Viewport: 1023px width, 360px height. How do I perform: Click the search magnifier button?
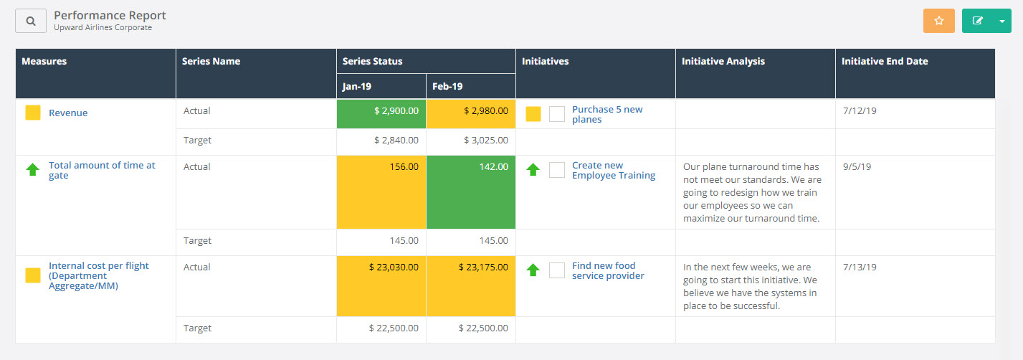(x=31, y=21)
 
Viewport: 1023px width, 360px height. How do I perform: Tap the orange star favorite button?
(x=938, y=21)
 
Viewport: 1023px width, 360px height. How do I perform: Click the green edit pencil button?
(x=977, y=21)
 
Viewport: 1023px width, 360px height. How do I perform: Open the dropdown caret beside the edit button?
(x=1001, y=21)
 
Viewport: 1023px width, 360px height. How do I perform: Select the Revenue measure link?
(x=68, y=113)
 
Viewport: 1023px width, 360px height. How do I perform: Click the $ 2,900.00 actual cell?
(x=381, y=113)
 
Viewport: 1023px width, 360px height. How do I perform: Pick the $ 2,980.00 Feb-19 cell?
(x=471, y=113)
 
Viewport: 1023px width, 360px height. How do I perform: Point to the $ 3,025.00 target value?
(x=483, y=141)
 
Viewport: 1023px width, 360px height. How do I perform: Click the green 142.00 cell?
(x=471, y=191)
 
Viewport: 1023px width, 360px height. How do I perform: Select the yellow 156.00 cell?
(x=381, y=191)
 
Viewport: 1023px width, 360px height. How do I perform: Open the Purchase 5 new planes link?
(x=607, y=114)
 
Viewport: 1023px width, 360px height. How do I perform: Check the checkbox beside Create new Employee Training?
(x=557, y=170)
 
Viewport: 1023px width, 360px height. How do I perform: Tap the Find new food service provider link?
(x=608, y=270)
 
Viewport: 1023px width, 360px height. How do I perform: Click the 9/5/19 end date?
(x=856, y=166)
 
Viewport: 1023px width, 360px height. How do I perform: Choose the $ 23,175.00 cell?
(x=471, y=285)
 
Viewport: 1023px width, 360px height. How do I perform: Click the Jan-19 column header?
(x=357, y=86)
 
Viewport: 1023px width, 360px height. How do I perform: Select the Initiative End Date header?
(x=885, y=62)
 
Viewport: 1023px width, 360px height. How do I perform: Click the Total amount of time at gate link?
(x=102, y=170)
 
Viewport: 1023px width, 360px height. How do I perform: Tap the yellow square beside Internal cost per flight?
(x=32, y=275)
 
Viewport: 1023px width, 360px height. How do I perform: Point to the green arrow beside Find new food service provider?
(x=533, y=270)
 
